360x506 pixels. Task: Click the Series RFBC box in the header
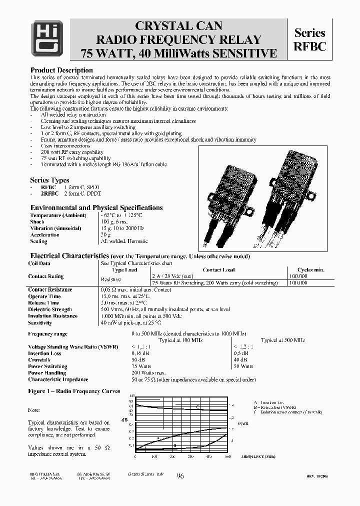[309, 39]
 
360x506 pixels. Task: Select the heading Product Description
[61, 70]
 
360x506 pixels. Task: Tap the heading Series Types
[49, 180]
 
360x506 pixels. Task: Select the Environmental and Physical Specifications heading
[96, 207]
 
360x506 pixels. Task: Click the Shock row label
[37, 221]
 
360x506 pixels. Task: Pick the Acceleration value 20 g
[105, 234]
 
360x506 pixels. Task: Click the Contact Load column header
[218, 270]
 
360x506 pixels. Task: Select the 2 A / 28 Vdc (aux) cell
[172, 276]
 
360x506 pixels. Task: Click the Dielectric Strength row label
[50, 309]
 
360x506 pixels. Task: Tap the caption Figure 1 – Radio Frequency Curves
[74, 391]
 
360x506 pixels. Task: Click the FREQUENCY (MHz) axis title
[258, 457]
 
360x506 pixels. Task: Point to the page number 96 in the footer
[180, 476]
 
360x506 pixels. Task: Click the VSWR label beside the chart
[243, 423]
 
